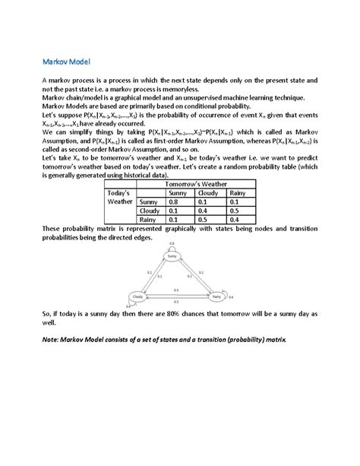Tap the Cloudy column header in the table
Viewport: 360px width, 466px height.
[207, 193]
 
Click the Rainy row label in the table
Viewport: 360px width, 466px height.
[150, 219]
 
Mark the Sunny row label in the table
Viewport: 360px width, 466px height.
[150, 201]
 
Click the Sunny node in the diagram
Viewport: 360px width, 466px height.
[172, 257]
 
